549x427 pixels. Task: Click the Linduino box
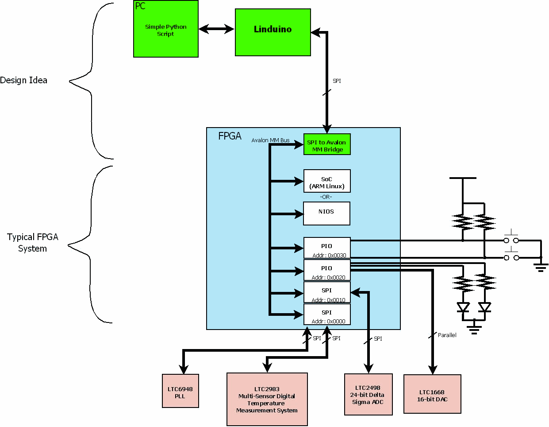(x=273, y=32)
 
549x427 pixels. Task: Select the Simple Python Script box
(x=166, y=30)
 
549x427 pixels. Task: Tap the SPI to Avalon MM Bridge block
(x=327, y=144)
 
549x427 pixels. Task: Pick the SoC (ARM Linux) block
(x=327, y=181)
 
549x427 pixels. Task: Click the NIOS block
(x=326, y=213)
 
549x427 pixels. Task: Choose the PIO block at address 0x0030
(x=327, y=248)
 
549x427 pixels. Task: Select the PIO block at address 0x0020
(x=327, y=270)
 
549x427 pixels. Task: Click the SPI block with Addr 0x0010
(x=327, y=292)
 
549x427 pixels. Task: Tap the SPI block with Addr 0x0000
(x=327, y=314)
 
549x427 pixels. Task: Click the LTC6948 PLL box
(x=180, y=391)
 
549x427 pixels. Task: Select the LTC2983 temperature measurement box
(x=267, y=400)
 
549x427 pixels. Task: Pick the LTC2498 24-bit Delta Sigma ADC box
(x=368, y=395)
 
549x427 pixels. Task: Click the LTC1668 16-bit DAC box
(x=432, y=394)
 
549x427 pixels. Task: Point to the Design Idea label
(x=24, y=80)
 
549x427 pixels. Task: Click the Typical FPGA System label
(x=32, y=243)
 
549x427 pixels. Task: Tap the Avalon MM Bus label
(x=270, y=140)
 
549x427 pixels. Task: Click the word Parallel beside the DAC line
(x=447, y=335)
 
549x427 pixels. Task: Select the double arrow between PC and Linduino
(x=216, y=29)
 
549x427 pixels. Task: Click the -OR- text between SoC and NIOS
(x=326, y=197)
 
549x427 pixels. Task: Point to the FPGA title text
(x=230, y=136)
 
